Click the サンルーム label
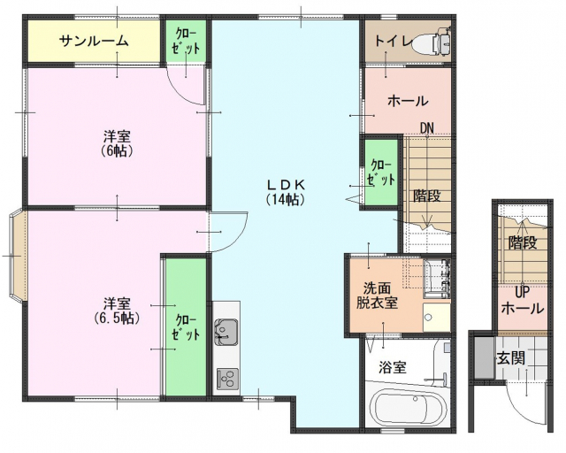pyautogui.click(x=94, y=41)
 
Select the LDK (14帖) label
pyautogui.click(x=286, y=192)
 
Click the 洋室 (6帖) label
pyautogui.click(x=117, y=143)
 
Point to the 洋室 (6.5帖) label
pyautogui.click(x=117, y=311)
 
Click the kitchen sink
pyautogui.click(x=226, y=333)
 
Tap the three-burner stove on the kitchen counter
pyautogui.click(x=227, y=378)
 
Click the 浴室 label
pyautogui.click(x=393, y=367)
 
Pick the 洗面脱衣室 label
pyautogui.click(x=378, y=295)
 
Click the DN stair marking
pyautogui.click(x=426, y=127)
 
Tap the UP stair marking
pyautogui.click(x=522, y=293)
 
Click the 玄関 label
pyautogui.click(x=511, y=358)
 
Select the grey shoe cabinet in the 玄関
pyautogui.click(x=484, y=357)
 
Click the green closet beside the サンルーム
pyautogui.click(x=186, y=42)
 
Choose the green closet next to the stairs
pyautogui.click(x=381, y=172)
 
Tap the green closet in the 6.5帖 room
pyautogui.click(x=186, y=327)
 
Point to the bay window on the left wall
pyautogui.click(x=18, y=256)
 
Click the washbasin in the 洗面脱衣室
pyautogui.click(x=437, y=317)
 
